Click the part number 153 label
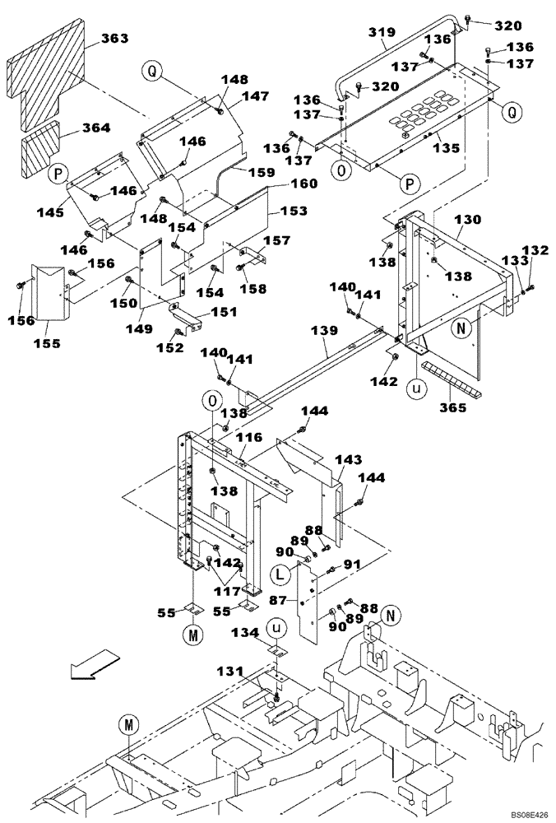(x=293, y=212)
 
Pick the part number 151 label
(x=224, y=312)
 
